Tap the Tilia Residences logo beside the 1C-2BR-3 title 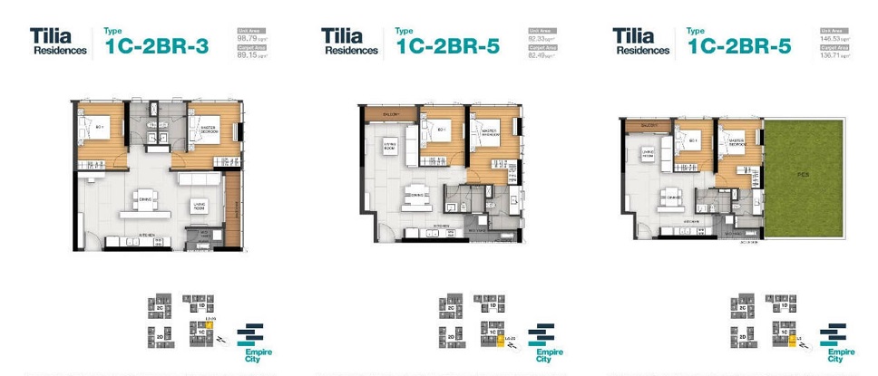57,43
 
